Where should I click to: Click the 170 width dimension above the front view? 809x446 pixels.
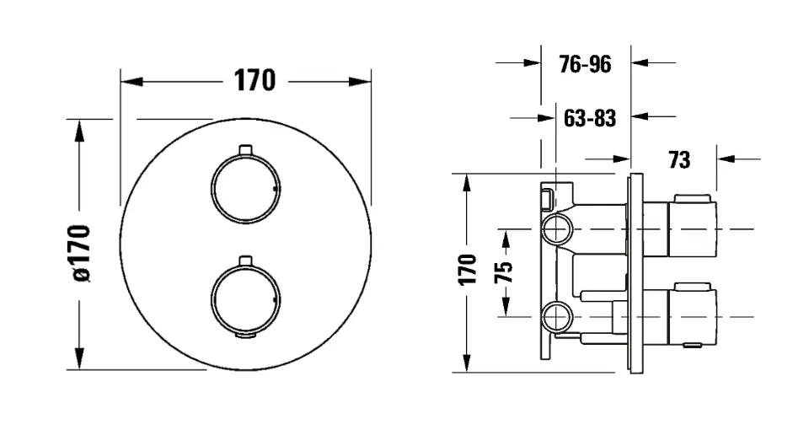coord(254,81)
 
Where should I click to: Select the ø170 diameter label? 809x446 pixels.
coord(82,254)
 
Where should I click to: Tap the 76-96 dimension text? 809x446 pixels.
coord(585,64)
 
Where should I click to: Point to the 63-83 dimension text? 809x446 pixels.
coord(590,118)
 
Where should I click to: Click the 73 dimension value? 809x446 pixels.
coord(679,160)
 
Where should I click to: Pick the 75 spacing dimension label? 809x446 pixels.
coord(504,272)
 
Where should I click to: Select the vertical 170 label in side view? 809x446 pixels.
coord(468,270)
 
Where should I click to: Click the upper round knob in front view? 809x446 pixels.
coord(245,188)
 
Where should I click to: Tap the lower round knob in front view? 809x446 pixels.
coord(245,299)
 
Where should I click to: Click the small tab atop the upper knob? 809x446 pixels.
coord(245,149)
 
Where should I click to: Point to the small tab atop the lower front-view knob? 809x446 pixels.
coord(245,260)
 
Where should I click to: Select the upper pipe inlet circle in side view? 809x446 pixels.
coord(557,228)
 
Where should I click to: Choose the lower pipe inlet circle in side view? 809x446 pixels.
coord(557,316)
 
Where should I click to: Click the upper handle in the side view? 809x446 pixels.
coord(693,226)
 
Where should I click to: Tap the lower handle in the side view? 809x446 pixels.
coord(693,314)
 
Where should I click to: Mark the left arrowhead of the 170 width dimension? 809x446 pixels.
coord(131,82)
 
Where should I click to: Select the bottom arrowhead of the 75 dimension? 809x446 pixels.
coord(506,306)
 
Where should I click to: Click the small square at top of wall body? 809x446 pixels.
coord(547,199)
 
